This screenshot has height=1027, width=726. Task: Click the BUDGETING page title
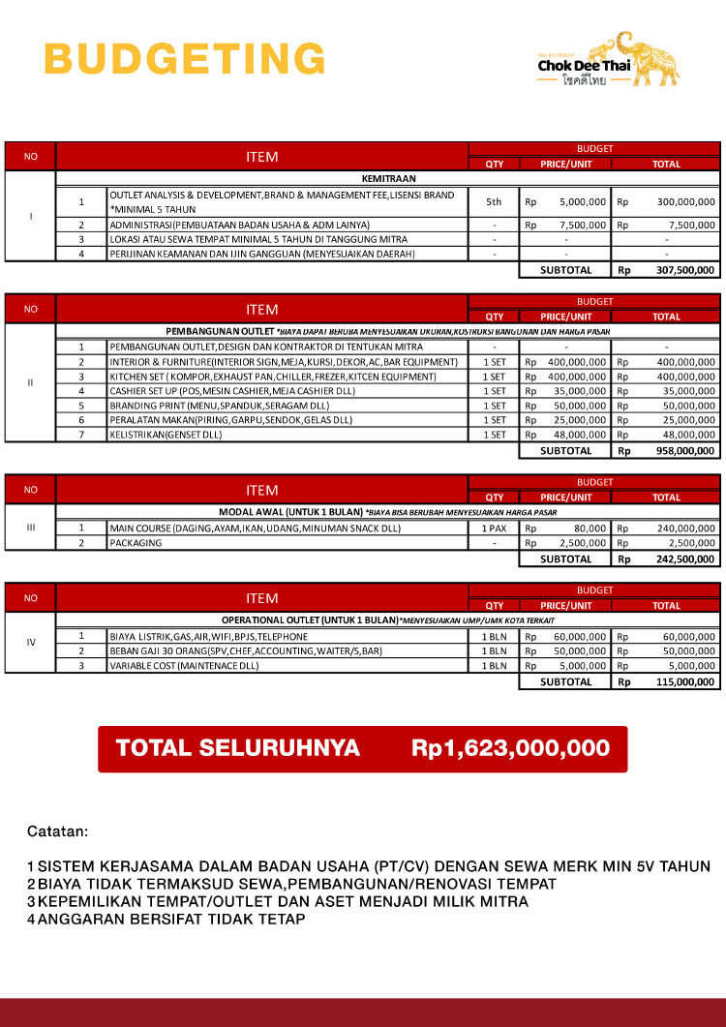[x=185, y=58]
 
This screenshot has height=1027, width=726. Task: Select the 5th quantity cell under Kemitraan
[x=494, y=201]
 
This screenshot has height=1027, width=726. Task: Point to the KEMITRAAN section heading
[x=387, y=178]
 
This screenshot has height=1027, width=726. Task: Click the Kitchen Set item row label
[x=274, y=376]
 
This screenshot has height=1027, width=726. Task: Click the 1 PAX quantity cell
[x=494, y=529]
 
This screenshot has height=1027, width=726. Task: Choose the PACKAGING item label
[x=136, y=543]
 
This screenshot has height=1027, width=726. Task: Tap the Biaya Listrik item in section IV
[x=208, y=637]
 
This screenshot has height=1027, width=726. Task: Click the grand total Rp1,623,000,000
[x=510, y=748]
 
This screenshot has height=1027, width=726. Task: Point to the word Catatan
[x=57, y=831]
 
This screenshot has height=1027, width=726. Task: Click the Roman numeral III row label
[x=30, y=528]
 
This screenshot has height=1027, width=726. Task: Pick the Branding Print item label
[x=221, y=406]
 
